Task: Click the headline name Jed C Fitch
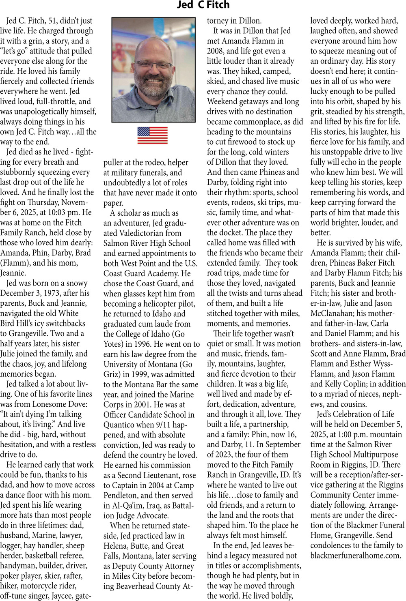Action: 203,5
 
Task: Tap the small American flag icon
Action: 152,135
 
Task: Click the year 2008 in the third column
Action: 216,51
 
